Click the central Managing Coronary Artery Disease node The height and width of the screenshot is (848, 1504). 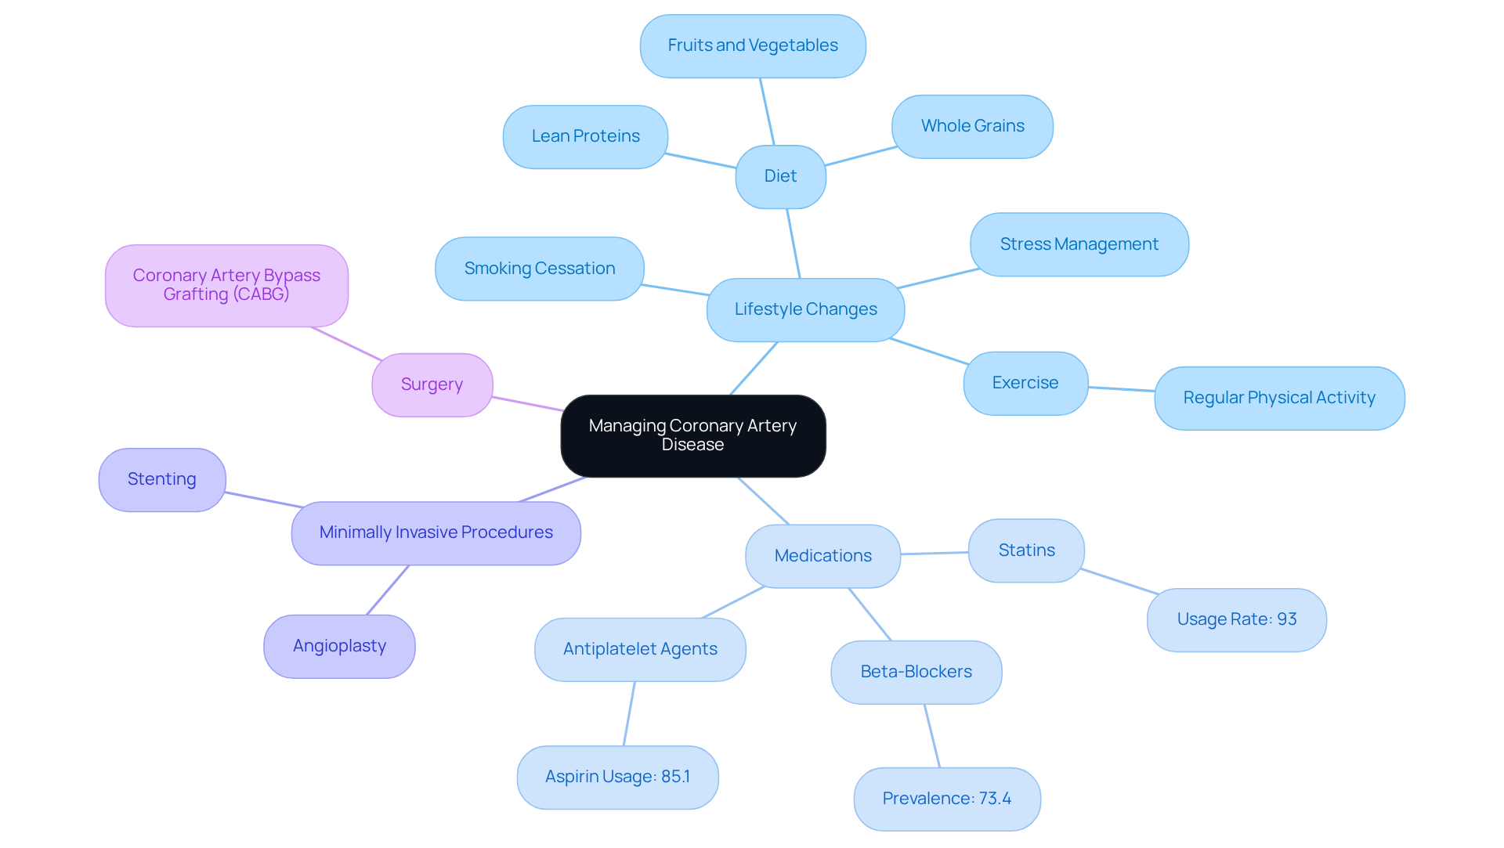click(x=692, y=435)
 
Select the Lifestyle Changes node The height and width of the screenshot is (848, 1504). click(x=805, y=309)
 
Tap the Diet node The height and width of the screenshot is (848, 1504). click(x=780, y=176)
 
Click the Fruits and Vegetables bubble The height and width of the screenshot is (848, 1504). click(x=752, y=45)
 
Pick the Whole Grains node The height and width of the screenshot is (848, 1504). click(x=972, y=126)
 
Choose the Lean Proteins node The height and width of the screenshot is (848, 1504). click(x=585, y=136)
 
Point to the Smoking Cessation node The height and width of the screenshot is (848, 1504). click(x=539, y=269)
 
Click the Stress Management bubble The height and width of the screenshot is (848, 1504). click(x=1079, y=244)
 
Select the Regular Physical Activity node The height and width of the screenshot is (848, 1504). click(x=1278, y=398)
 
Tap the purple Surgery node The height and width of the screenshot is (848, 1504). click(x=432, y=384)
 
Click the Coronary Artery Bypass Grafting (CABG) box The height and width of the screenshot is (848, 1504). click(x=226, y=285)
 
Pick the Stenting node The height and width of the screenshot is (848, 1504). click(x=162, y=479)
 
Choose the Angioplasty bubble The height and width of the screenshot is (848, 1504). click(x=339, y=646)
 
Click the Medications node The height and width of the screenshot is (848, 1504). click(x=822, y=556)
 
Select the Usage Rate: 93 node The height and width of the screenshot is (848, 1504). click(x=1236, y=619)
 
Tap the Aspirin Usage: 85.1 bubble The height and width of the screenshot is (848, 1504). click(x=617, y=777)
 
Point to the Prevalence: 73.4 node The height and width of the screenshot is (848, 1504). click(x=946, y=799)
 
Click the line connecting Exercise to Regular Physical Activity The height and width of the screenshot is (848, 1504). click(x=1121, y=388)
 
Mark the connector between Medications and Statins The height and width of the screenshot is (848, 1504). click(x=935, y=553)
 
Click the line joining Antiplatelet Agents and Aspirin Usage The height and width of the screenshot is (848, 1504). click(x=629, y=713)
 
